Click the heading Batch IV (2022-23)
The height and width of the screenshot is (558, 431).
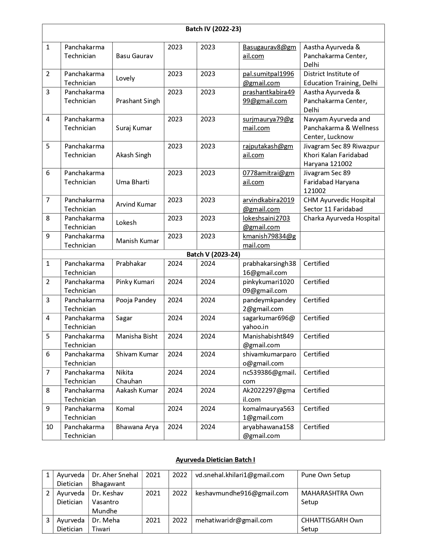click(x=213, y=29)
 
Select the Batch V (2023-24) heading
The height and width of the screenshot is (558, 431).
click(x=213, y=254)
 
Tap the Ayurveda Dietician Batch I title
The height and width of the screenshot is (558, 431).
click(x=215, y=460)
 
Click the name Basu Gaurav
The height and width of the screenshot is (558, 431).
click(x=134, y=56)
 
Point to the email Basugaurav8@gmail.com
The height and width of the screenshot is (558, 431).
click(x=269, y=51)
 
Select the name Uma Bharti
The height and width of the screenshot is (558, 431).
click(x=132, y=182)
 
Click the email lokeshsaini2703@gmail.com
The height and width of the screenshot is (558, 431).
click(x=266, y=223)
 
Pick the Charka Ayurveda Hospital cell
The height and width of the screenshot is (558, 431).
click(x=341, y=218)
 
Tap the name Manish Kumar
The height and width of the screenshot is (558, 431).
click(x=137, y=241)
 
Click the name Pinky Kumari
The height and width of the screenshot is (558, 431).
click(x=135, y=282)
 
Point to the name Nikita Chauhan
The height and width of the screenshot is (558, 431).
click(x=129, y=377)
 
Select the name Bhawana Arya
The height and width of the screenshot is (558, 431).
click(x=137, y=427)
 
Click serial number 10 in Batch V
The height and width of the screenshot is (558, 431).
click(x=50, y=427)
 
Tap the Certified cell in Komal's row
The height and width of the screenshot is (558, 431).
click(x=316, y=409)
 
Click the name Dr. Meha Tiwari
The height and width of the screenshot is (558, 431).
click(x=105, y=525)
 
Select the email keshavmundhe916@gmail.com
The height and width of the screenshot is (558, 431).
click(x=242, y=493)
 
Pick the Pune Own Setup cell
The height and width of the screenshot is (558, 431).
click(x=326, y=475)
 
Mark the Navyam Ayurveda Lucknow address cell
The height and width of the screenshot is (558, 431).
click(x=341, y=128)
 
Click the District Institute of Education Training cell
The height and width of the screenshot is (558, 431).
click(x=340, y=78)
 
